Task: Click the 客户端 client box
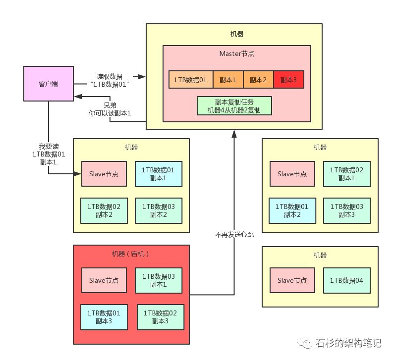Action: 48,84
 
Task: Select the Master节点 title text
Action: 237,53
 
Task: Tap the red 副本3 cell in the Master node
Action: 288,80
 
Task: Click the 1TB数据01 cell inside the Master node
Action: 191,80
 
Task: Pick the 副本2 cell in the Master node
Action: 258,80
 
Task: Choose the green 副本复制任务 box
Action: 234,105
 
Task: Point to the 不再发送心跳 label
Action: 234,234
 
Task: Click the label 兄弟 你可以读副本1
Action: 110,109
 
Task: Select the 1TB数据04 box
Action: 346,281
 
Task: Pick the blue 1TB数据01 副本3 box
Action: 103,317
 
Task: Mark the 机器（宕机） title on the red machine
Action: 131,254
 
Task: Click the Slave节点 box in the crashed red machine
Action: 104,281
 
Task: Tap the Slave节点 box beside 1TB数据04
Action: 292,281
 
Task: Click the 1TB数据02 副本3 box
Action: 160,317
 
